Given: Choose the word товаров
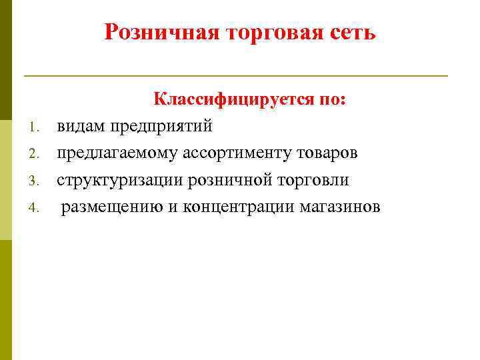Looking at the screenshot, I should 328,153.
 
